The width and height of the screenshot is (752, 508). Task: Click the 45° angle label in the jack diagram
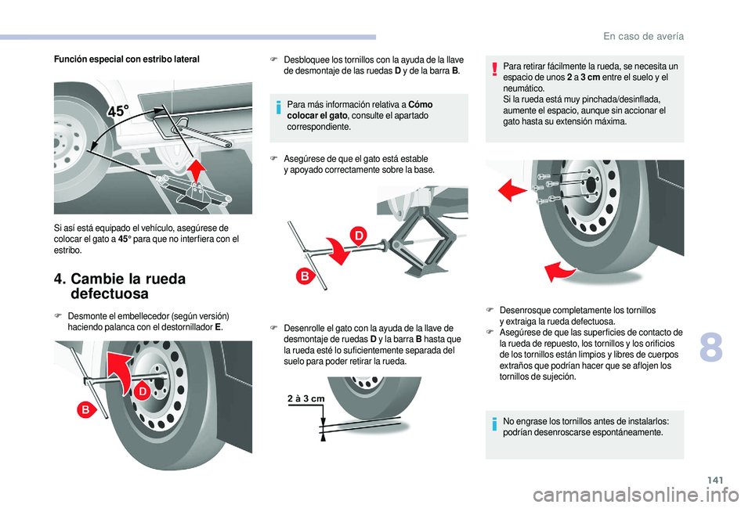point(118,112)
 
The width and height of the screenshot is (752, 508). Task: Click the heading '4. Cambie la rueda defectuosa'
point(120,286)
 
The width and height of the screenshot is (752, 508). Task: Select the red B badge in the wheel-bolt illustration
point(86,409)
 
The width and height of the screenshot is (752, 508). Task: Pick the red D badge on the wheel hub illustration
point(143,391)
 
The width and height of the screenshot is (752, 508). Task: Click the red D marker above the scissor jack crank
point(359,236)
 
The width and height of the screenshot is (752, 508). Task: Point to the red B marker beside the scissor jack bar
point(304,276)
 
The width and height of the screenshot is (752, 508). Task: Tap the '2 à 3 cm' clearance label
point(306,398)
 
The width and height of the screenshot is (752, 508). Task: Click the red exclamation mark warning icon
point(494,70)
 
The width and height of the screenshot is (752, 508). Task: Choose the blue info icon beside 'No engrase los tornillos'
point(494,424)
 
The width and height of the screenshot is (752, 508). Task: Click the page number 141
point(714,480)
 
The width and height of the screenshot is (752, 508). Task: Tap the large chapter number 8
point(710,348)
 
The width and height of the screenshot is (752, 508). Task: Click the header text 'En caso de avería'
point(644,37)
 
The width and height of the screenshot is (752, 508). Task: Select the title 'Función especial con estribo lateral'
point(127,59)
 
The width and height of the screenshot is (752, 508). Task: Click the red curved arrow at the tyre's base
point(559,272)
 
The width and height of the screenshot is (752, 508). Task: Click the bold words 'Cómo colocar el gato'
point(360,110)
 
